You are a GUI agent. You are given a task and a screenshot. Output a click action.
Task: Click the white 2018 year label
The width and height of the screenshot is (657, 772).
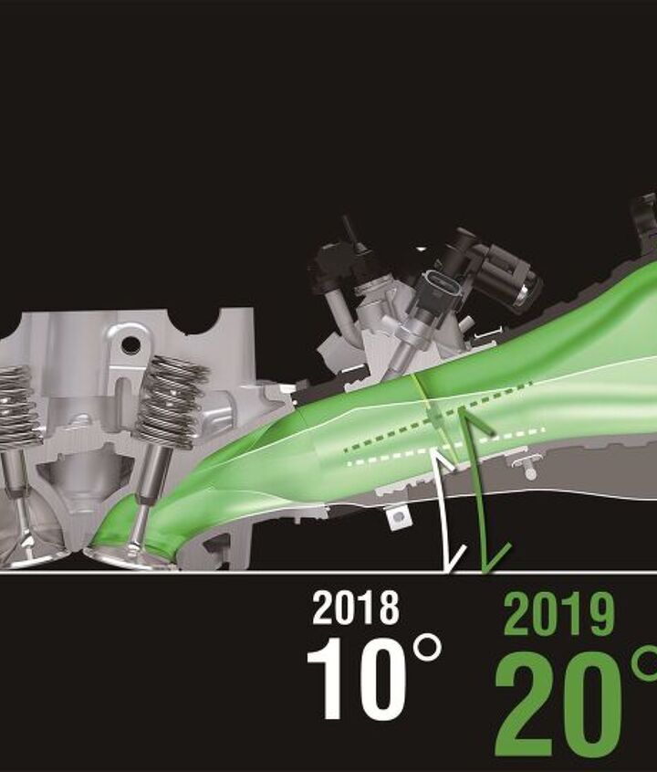pyautogui.click(x=356, y=608)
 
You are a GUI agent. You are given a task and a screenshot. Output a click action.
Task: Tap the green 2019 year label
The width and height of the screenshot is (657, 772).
pyautogui.click(x=559, y=614)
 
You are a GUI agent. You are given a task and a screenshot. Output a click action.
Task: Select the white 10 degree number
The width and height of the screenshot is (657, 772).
pyautogui.click(x=357, y=680)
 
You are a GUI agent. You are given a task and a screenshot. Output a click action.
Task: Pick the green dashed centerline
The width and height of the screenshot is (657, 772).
pyautogui.click(x=439, y=416)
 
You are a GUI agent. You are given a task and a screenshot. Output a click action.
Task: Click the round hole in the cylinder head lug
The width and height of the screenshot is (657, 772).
pyautogui.click(x=130, y=344)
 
